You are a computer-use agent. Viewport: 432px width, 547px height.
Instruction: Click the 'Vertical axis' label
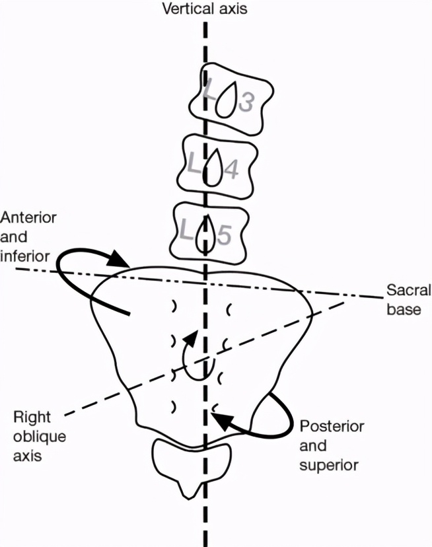[205, 10]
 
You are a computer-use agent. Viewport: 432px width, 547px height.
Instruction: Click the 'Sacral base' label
[408, 299]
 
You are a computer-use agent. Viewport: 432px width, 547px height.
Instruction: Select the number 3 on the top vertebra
[246, 102]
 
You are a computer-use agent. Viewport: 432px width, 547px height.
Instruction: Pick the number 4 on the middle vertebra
[231, 170]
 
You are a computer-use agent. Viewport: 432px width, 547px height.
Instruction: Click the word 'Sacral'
[408, 290]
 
